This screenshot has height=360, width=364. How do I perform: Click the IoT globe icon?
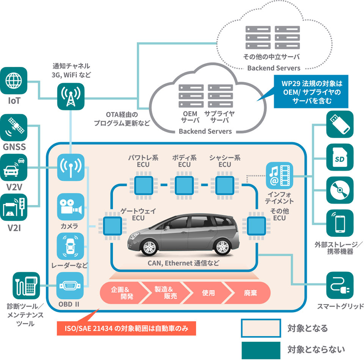[13, 81]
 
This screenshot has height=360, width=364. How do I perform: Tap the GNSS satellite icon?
[13, 128]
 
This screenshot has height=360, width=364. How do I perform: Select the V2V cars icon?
[13, 167]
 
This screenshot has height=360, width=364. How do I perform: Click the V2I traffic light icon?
[13, 207]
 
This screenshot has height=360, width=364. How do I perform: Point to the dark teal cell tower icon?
[71, 96]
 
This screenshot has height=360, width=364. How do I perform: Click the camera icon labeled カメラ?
[70, 207]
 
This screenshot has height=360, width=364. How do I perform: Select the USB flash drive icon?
[340, 124]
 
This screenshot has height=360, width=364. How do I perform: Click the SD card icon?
[340, 158]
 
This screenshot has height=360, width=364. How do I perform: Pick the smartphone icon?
[340, 223]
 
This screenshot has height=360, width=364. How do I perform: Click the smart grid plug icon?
[340, 286]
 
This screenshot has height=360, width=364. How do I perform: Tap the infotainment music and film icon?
[279, 176]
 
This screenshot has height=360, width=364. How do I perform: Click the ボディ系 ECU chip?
[184, 185]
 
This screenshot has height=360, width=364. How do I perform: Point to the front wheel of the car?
[149, 247]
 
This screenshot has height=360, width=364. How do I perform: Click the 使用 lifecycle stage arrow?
[208, 293]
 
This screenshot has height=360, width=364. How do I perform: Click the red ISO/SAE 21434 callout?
[126, 328]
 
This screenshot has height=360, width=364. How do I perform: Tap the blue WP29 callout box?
[311, 92]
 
